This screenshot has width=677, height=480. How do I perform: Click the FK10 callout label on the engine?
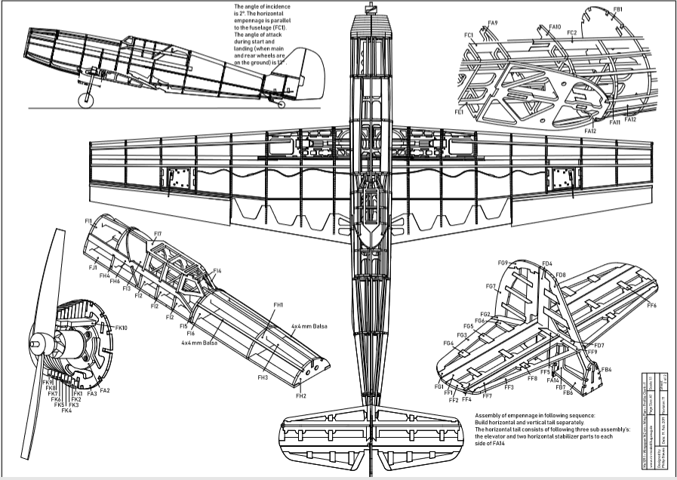(121, 328)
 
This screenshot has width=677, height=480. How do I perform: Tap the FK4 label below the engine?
(66, 411)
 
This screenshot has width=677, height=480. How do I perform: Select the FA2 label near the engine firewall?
(104, 390)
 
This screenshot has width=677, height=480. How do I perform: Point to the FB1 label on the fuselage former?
(617, 9)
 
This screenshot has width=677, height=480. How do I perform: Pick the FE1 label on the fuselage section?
(459, 112)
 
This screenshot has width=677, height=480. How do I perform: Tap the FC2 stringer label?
(571, 32)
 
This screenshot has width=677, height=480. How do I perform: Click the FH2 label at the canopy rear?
(300, 395)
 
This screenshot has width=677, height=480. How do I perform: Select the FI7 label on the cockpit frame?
(157, 234)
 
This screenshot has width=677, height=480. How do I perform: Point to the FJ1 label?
(93, 268)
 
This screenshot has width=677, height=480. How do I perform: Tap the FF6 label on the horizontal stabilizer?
(651, 305)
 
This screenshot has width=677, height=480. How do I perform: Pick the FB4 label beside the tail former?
(606, 369)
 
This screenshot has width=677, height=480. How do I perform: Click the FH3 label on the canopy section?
(263, 377)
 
